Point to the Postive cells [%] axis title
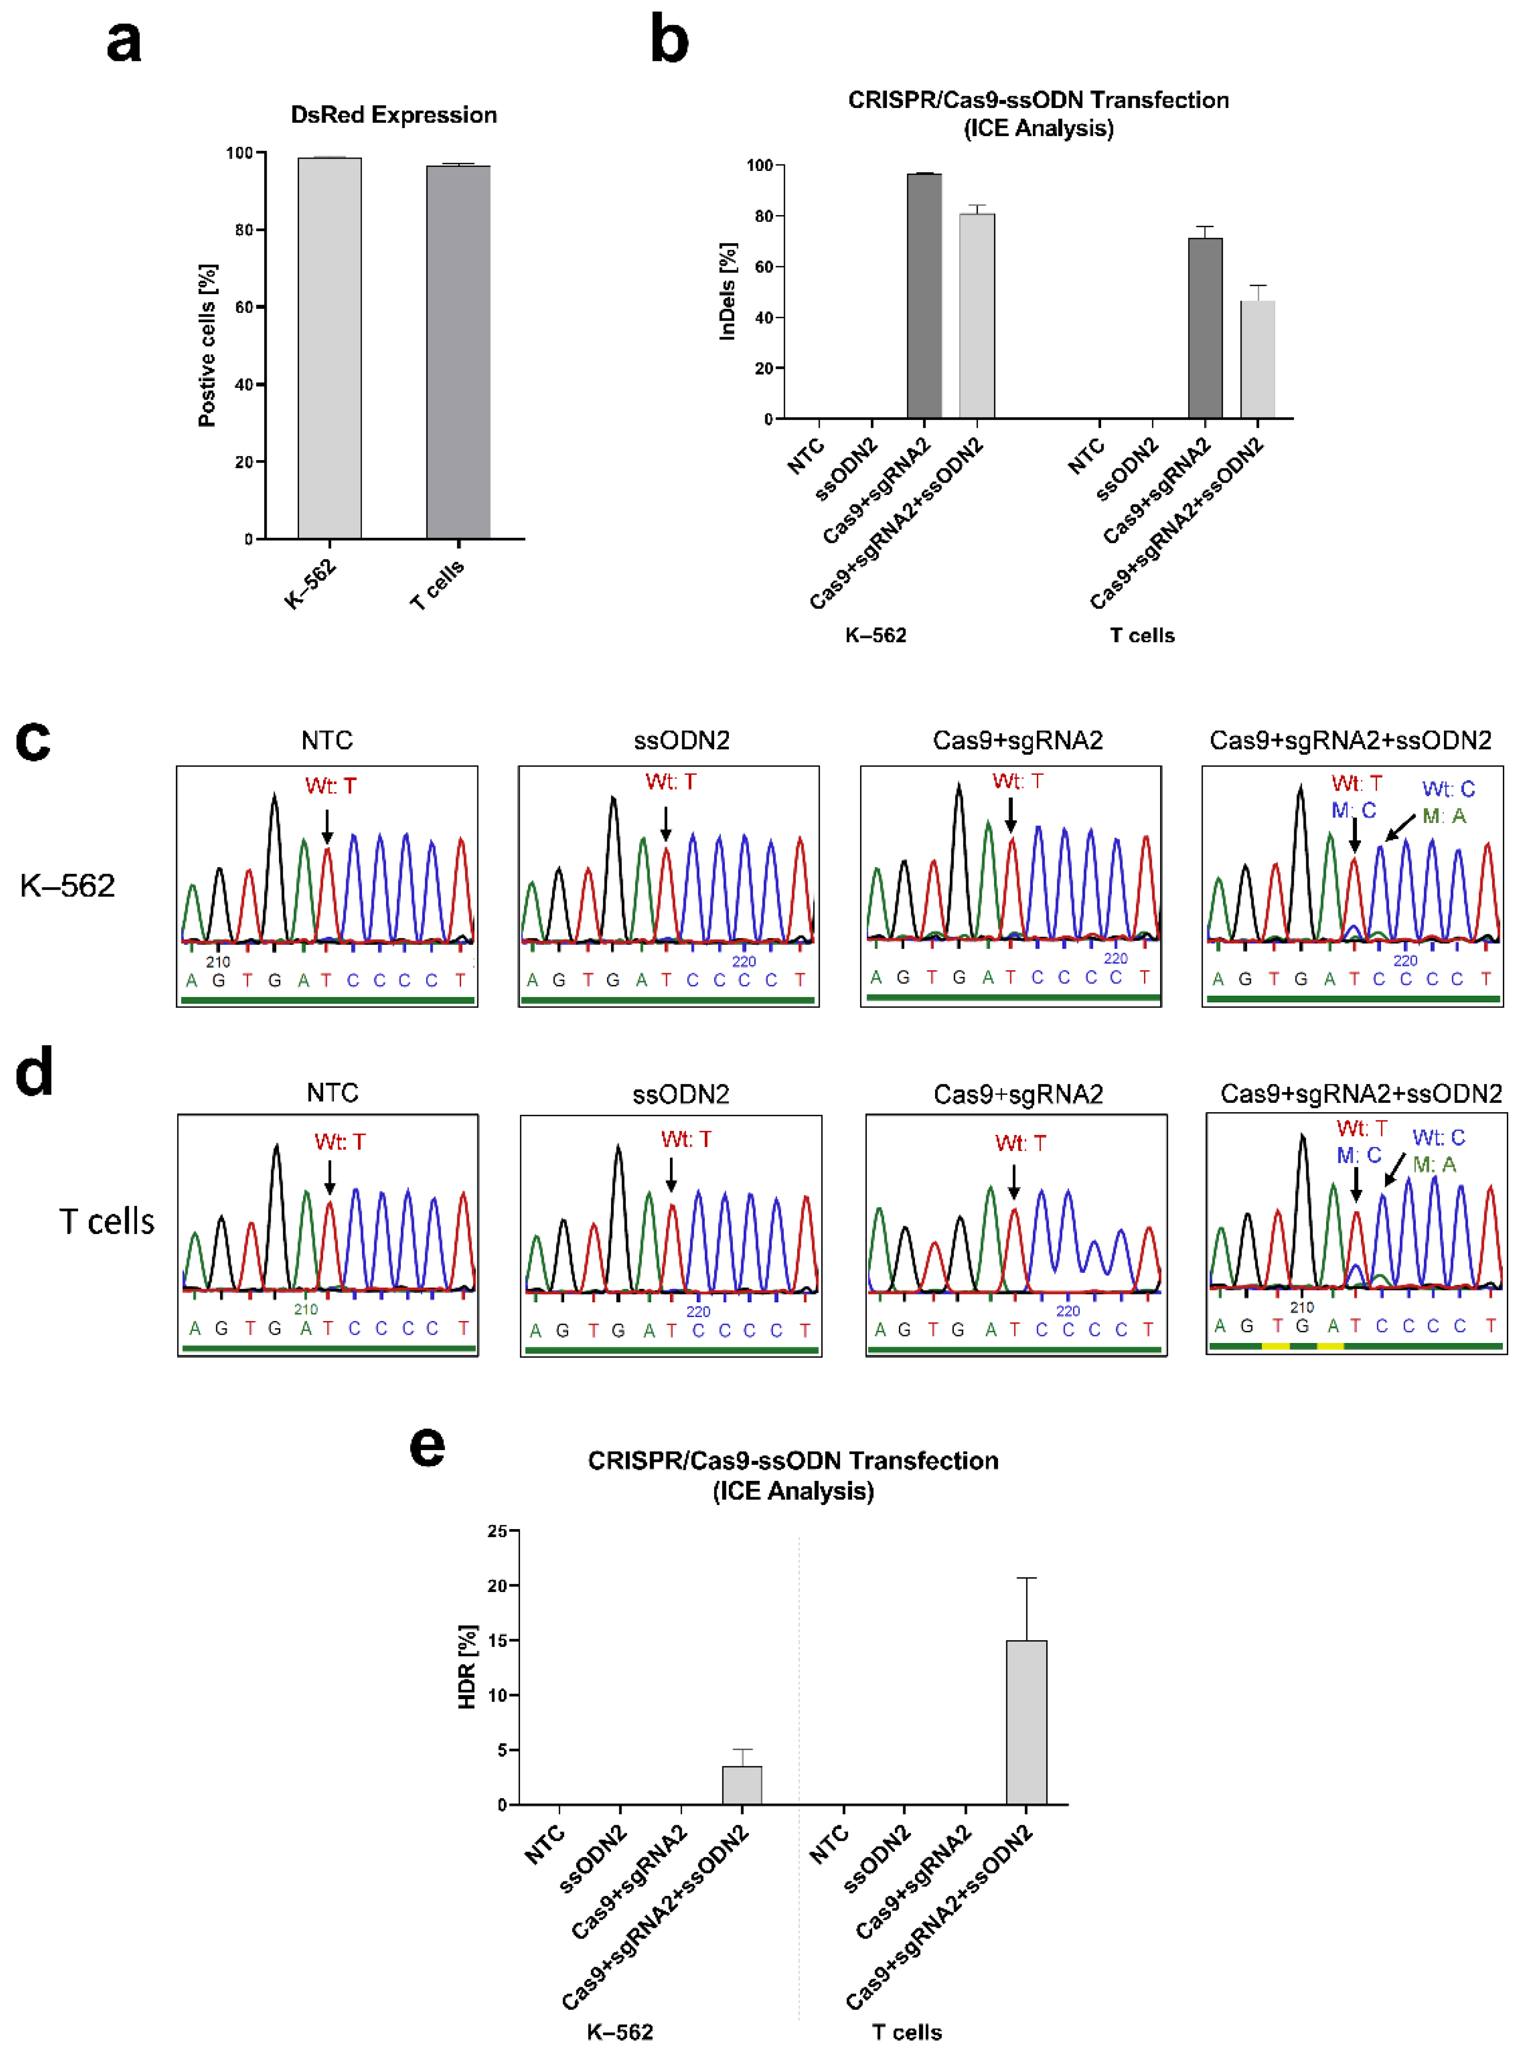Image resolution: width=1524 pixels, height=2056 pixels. click(208, 345)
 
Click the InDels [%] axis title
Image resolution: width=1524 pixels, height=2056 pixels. click(728, 292)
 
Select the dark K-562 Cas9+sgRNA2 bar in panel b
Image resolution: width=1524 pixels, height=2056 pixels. click(924, 295)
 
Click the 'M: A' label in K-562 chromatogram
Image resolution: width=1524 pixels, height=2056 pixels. click(1444, 816)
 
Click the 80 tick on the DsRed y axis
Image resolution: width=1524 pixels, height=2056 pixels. click(245, 230)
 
